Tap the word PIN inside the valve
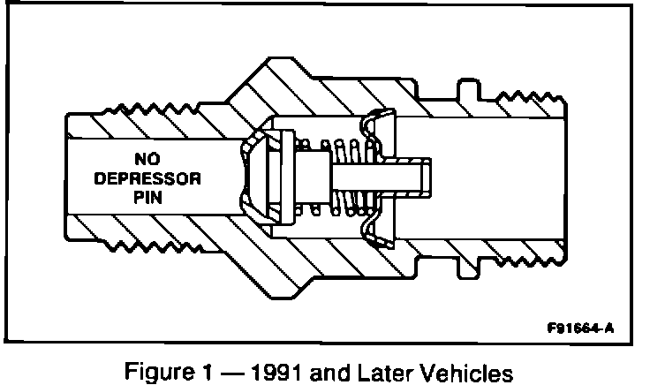tap(153, 198)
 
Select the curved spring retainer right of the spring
tap(376, 177)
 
